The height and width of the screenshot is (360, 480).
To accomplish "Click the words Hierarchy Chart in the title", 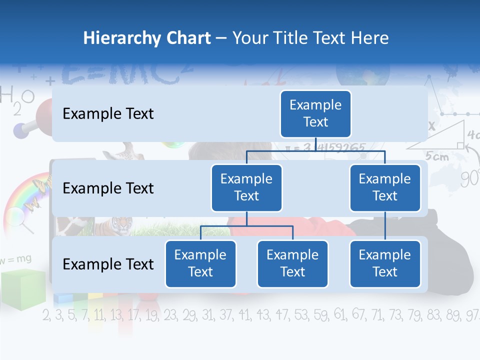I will (x=147, y=38).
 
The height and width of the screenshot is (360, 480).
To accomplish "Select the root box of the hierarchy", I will (x=315, y=113).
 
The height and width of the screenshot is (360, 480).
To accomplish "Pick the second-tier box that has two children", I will (x=246, y=187).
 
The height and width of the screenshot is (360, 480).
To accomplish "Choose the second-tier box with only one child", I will (x=385, y=187).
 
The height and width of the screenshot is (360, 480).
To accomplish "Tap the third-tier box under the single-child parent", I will (x=385, y=263).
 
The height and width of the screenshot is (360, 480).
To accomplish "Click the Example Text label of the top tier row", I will (x=108, y=114).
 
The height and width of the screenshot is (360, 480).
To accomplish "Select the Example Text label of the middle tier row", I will (x=108, y=188).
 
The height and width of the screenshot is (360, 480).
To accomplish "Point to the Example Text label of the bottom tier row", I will (x=108, y=264).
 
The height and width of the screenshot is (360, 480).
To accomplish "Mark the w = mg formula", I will (x=16, y=259).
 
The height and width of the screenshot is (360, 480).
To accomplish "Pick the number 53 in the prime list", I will (x=301, y=315).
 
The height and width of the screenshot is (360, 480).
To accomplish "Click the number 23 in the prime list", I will (x=170, y=315).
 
